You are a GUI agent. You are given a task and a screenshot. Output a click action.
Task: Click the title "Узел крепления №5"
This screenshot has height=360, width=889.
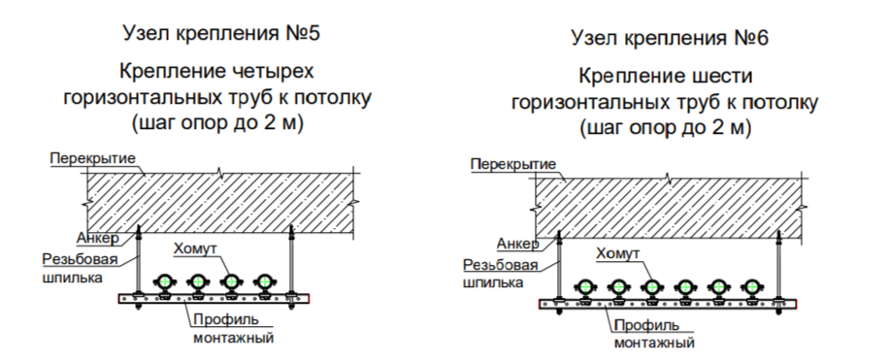point(221,33)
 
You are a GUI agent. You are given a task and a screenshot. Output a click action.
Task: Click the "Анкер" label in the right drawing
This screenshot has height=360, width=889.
point(517,243)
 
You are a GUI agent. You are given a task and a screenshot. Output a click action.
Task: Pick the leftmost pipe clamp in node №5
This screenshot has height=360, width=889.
point(165,282)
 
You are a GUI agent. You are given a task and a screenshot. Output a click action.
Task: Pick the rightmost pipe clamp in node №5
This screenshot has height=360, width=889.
point(264,282)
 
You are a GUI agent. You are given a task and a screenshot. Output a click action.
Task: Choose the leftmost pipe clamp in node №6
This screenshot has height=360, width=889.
point(586,287)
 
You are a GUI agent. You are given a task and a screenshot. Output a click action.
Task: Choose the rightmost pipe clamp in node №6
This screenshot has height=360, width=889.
point(751,287)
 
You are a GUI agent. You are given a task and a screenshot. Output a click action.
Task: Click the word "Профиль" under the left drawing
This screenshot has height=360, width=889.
point(224,319)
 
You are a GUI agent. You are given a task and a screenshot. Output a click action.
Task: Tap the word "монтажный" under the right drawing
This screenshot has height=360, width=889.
point(654,343)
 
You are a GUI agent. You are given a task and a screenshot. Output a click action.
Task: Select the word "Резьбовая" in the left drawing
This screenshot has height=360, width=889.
point(81,260)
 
